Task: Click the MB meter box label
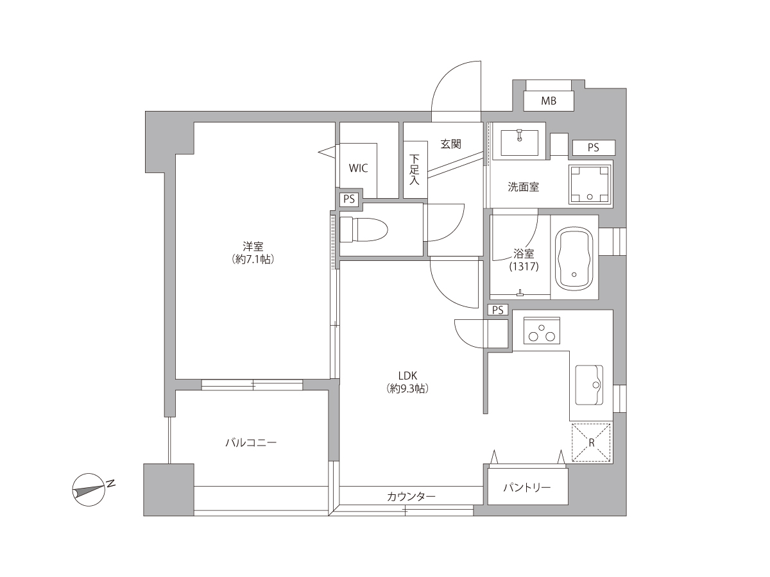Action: click(548, 101)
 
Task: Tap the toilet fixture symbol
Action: click(363, 230)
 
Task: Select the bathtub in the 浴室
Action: click(574, 258)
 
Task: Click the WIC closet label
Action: click(358, 168)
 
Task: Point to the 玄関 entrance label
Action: click(451, 144)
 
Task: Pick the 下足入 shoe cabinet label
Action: click(415, 169)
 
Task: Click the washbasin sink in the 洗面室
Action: click(519, 142)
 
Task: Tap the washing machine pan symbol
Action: click(590, 184)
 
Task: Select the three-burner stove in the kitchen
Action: click(542, 330)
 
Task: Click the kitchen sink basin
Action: click(589, 385)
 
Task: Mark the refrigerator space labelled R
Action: click(591, 442)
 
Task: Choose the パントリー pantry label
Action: click(527, 487)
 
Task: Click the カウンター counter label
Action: click(411, 496)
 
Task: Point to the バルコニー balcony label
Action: click(251, 443)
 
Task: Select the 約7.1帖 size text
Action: click(253, 259)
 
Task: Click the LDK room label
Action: click(407, 376)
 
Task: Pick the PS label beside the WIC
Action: click(348, 199)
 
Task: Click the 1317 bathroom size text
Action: click(524, 267)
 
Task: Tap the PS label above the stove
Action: click(498, 310)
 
